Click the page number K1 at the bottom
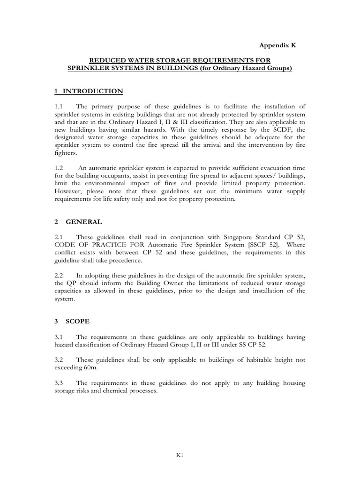pos(180,455)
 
